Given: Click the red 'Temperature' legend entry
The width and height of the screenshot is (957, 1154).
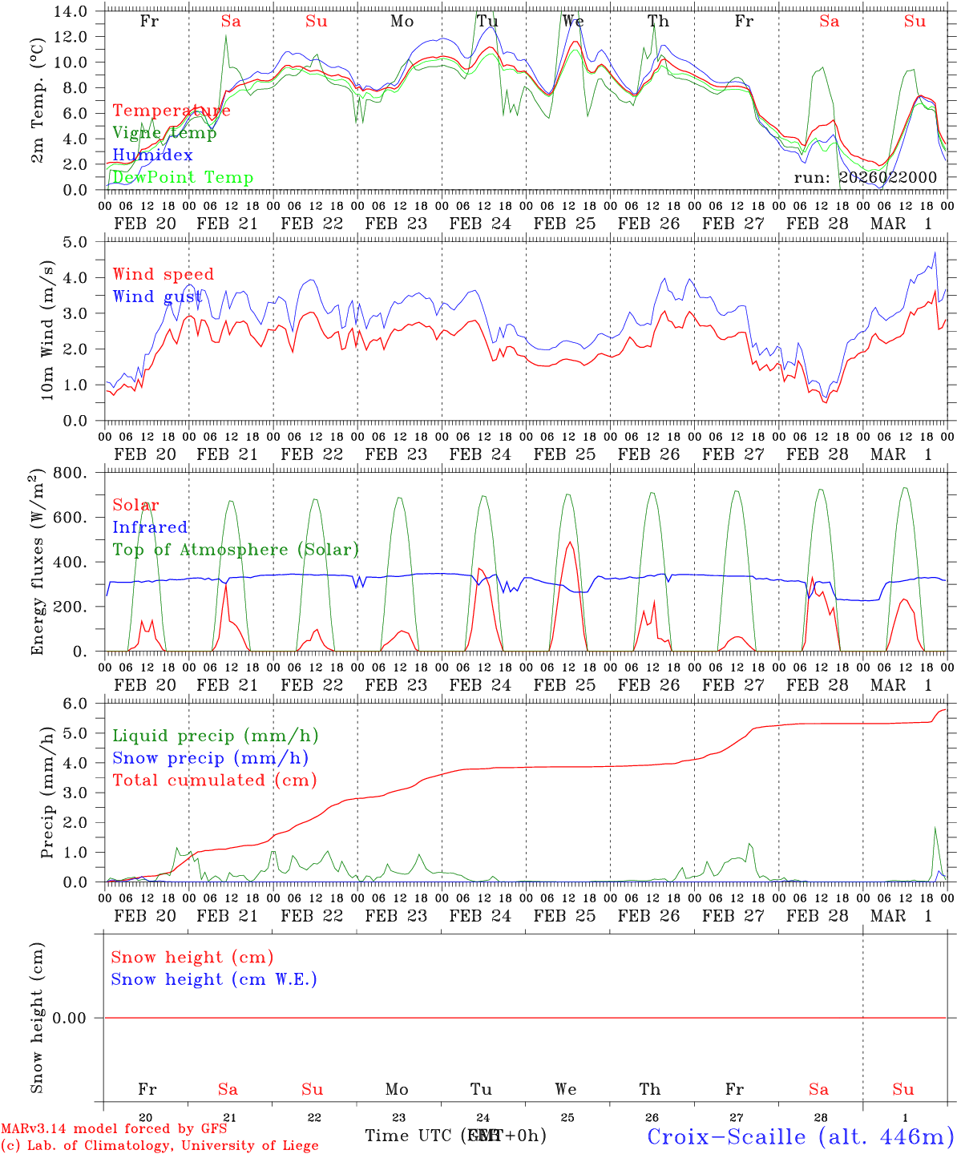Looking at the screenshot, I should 172,111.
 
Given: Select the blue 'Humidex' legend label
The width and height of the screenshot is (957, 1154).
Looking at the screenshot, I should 152,155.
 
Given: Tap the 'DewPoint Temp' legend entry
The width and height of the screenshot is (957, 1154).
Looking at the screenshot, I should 183,177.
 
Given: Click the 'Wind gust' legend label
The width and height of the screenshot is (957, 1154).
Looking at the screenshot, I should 157,297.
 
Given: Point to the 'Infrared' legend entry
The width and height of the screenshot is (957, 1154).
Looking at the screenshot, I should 150,527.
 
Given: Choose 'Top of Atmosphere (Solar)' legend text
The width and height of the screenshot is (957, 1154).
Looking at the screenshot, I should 236,550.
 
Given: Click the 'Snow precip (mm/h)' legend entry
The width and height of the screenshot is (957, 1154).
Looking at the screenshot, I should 210,758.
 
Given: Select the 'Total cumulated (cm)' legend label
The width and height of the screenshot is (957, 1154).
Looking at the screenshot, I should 214,780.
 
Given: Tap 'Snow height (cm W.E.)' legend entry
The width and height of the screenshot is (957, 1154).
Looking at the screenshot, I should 214,979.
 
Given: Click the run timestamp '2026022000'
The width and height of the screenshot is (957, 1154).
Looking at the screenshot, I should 888,177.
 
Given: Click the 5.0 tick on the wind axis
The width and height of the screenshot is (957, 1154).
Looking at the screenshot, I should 79,242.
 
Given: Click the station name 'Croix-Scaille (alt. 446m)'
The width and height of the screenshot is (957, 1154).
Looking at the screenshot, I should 800,1136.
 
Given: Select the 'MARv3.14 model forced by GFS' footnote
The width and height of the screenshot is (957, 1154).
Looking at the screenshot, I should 114,1129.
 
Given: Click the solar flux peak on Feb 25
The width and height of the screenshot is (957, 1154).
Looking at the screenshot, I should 570,543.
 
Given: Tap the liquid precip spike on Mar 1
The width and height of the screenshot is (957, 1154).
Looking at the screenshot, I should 935,828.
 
